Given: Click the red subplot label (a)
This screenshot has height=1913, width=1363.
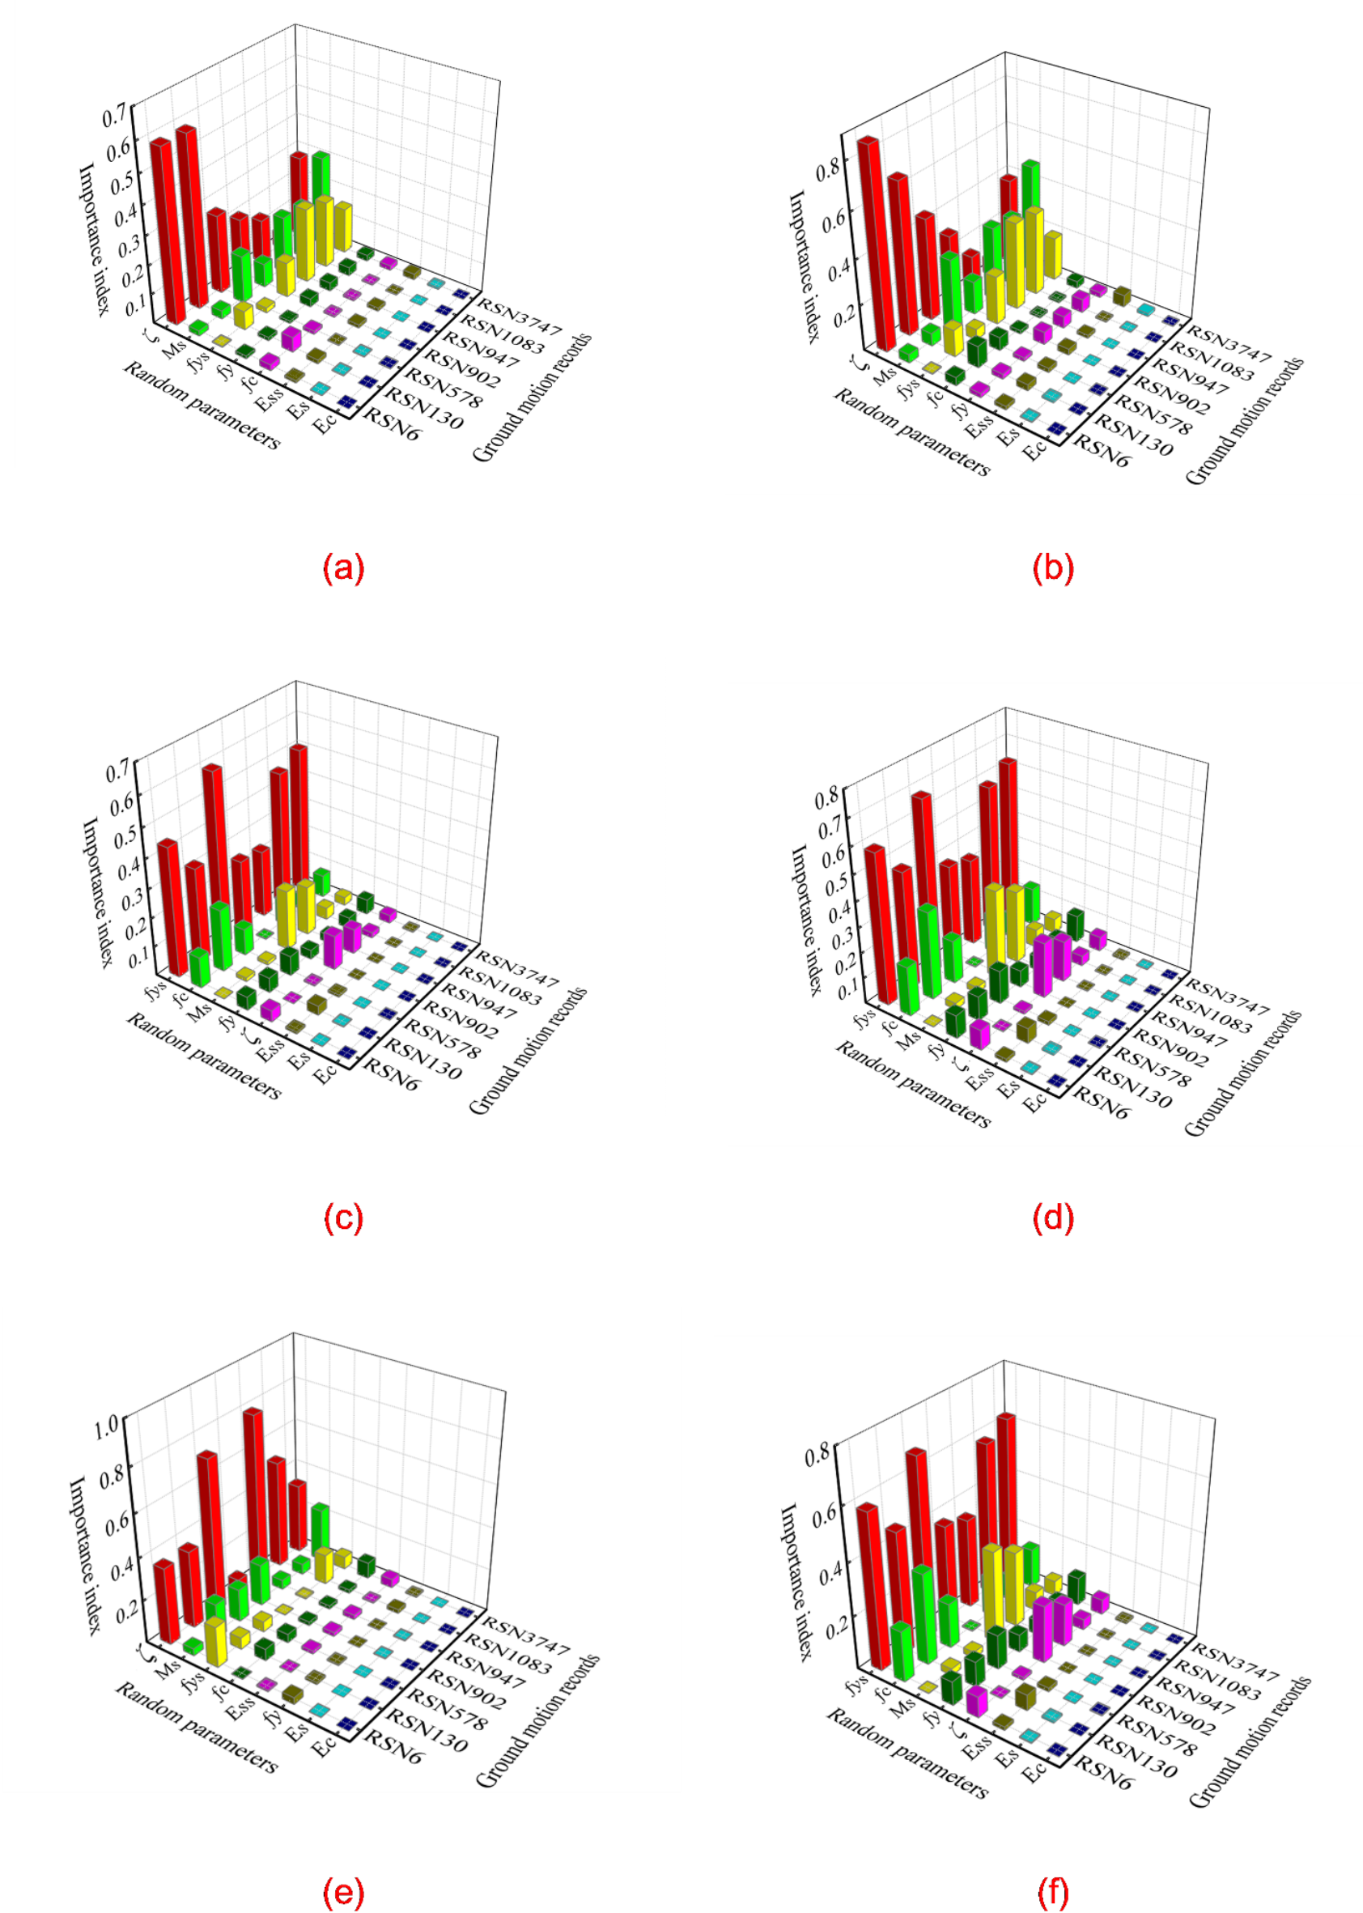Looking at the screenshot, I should click(343, 568).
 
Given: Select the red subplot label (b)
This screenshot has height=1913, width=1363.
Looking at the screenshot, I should click(1052, 568).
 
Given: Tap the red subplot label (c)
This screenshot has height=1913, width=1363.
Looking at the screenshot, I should click(343, 1217).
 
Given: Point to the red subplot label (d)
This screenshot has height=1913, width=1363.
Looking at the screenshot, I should click(1052, 1217).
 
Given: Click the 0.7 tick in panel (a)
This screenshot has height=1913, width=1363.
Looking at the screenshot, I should click(115, 115).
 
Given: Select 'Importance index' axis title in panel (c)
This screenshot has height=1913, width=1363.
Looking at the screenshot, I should click(97, 891).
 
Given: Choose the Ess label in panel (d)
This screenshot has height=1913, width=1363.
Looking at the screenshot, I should click(979, 1078).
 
